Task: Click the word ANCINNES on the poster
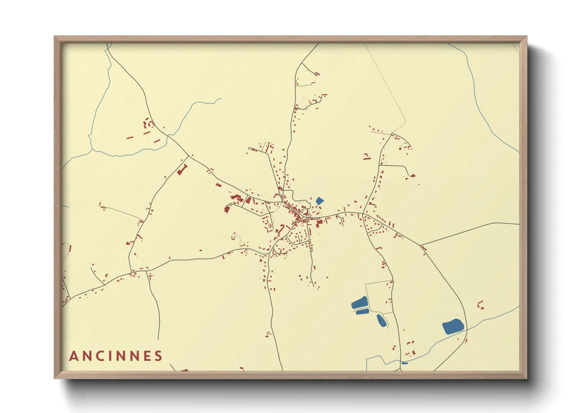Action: [x=116, y=356]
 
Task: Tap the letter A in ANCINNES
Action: [x=73, y=356]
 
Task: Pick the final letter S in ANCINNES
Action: [x=158, y=356]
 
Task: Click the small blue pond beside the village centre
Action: [x=319, y=201]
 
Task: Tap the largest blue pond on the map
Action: [x=453, y=326]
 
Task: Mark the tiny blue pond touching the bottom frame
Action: [x=405, y=363]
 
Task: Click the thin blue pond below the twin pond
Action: [x=362, y=312]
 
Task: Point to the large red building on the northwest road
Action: [x=181, y=170]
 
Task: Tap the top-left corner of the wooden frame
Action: [x=55, y=37]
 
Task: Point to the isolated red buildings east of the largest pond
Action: [x=481, y=305]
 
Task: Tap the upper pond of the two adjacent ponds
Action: [x=360, y=303]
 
